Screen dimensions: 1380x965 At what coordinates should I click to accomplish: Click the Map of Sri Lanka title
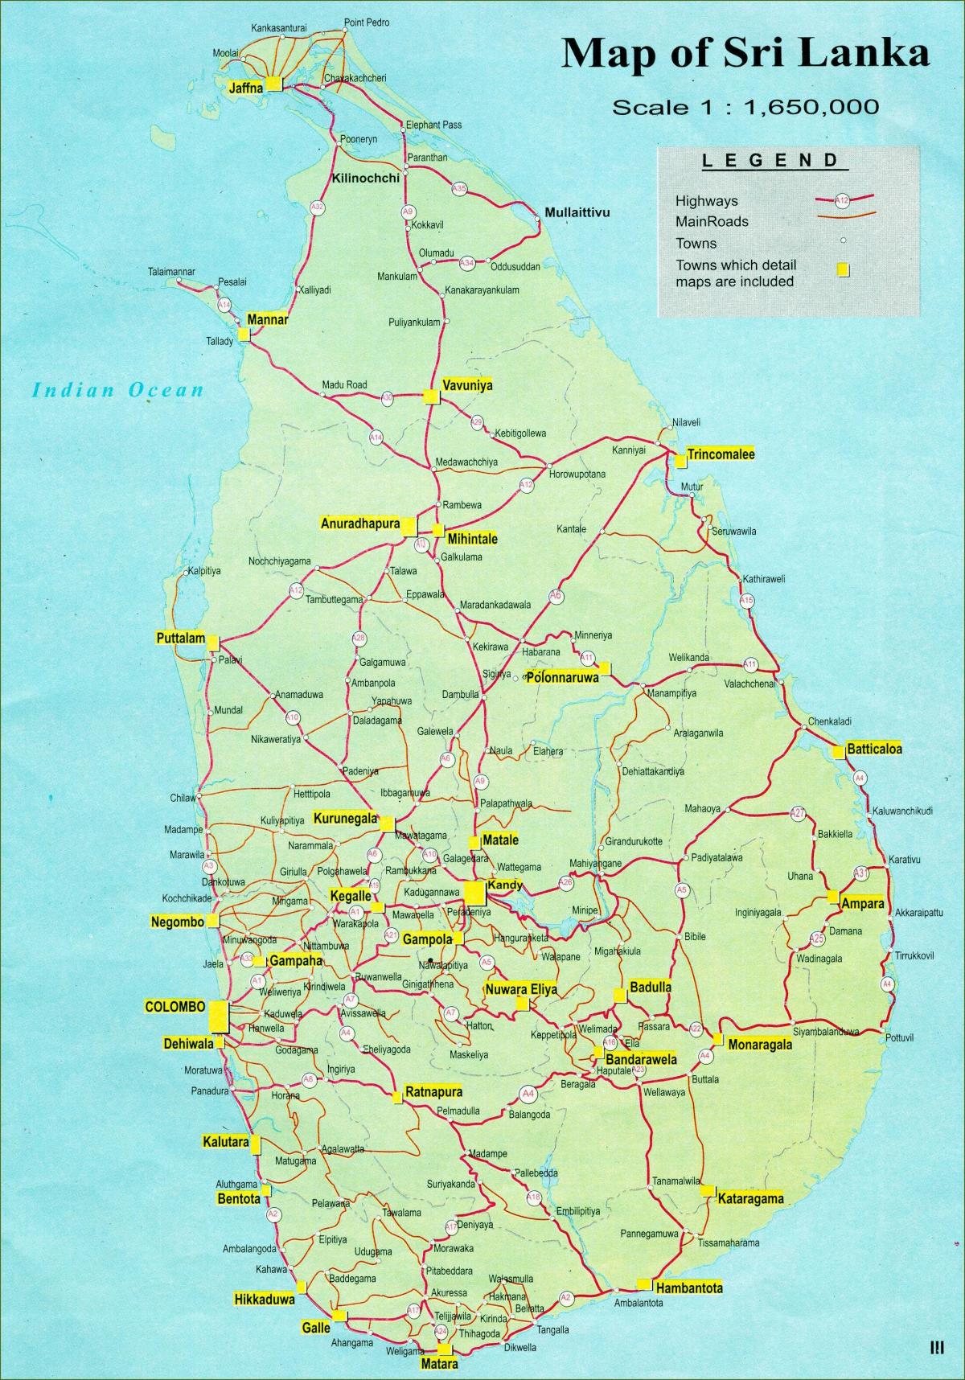pos(745,54)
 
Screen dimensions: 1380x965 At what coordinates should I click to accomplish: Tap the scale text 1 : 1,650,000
pos(745,107)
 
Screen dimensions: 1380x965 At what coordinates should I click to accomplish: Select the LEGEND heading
pos(770,160)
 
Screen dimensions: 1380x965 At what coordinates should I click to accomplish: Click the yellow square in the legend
pos(843,270)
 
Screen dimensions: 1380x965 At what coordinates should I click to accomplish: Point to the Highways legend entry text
pos(706,201)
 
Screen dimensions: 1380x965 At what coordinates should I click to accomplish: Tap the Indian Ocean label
pos(117,391)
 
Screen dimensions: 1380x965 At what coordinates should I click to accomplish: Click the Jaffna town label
pos(246,88)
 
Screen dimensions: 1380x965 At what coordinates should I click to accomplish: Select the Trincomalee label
pos(721,454)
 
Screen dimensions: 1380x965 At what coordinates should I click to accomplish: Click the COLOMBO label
pos(175,1006)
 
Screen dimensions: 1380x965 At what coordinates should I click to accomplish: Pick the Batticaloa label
pos(874,749)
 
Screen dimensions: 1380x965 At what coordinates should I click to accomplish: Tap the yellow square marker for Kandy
pos(474,893)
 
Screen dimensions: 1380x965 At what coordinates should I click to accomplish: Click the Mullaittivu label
pos(577,213)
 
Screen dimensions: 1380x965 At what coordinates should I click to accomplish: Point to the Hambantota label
pos(688,1288)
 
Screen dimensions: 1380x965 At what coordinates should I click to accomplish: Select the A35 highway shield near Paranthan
pos(459,189)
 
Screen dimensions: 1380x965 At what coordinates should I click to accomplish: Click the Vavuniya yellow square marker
pos(431,396)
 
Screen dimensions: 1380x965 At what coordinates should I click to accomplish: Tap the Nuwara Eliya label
pos(520,989)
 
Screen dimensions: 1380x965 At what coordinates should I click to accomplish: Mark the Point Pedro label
pos(366,23)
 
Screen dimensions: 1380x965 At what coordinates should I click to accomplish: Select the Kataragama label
pos(750,1198)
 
